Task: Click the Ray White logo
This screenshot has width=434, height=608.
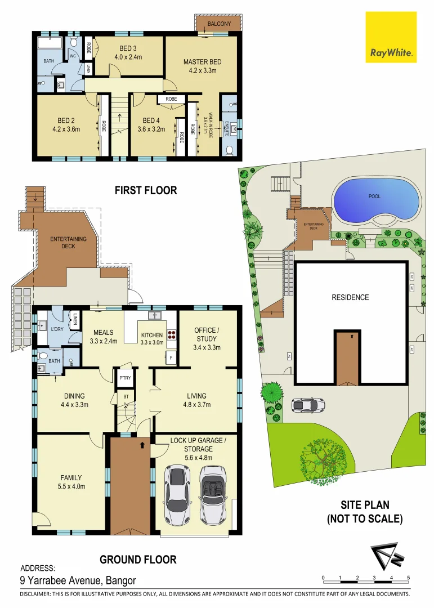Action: pos(391,37)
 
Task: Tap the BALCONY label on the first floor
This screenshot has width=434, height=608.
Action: pos(219,24)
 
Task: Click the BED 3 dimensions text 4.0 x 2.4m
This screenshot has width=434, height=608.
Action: pos(129,56)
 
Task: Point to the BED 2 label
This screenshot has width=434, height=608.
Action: pos(66,120)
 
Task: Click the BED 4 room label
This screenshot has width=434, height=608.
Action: pos(151,120)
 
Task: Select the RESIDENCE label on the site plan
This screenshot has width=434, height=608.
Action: pos(350,297)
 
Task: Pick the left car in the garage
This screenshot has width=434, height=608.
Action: pos(176,495)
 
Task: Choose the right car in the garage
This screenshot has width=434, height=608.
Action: pos(212,495)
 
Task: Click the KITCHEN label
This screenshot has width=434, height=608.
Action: pos(151,335)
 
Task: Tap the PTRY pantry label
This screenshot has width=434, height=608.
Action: pos(125,378)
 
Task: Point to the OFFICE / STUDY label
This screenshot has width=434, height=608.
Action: pos(207,334)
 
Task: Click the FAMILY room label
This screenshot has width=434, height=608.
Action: pos(71,478)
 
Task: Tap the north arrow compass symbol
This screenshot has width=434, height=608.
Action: pos(385,557)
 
